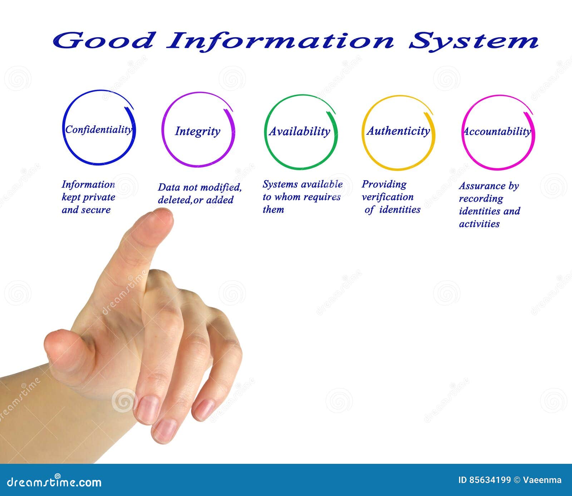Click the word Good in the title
(103, 40)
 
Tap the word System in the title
(473, 41)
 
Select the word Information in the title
(280, 41)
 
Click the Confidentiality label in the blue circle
(99, 129)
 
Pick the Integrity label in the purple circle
(197, 131)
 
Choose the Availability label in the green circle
(300, 131)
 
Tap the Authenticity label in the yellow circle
(398, 131)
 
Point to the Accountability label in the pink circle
(497, 131)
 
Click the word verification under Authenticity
(388, 197)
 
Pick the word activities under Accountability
(479, 224)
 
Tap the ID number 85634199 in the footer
(489, 480)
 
